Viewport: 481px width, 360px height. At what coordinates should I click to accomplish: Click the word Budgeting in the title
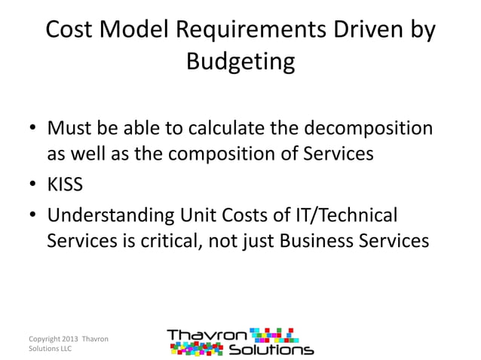pos(240,60)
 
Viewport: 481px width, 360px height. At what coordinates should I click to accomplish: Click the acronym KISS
pos(66,185)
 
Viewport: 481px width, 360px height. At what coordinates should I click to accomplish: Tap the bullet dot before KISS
pos(35,185)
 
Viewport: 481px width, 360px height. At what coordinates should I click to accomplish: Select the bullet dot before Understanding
pos(35,216)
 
